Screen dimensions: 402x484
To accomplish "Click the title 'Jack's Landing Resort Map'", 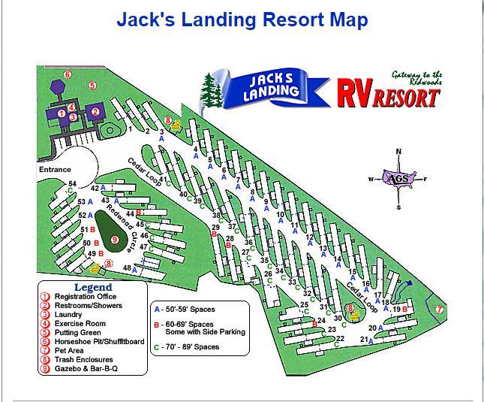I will (242, 19).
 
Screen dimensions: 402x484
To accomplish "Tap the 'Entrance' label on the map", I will (56, 170).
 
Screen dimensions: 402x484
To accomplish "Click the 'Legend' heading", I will (92, 287).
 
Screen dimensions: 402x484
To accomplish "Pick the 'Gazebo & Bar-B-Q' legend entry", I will (86, 369).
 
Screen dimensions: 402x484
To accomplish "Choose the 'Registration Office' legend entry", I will (85, 297).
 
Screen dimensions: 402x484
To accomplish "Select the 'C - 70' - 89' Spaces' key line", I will (191, 346).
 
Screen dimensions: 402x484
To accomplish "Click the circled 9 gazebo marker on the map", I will (115, 240).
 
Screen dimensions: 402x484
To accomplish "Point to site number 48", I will (127, 268).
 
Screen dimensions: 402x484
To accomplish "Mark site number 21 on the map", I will (364, 340).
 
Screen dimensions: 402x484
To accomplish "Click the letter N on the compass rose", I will (399, 152).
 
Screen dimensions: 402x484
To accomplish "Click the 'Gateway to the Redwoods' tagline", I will (416, 77).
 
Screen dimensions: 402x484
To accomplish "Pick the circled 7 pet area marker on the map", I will (440, 309).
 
